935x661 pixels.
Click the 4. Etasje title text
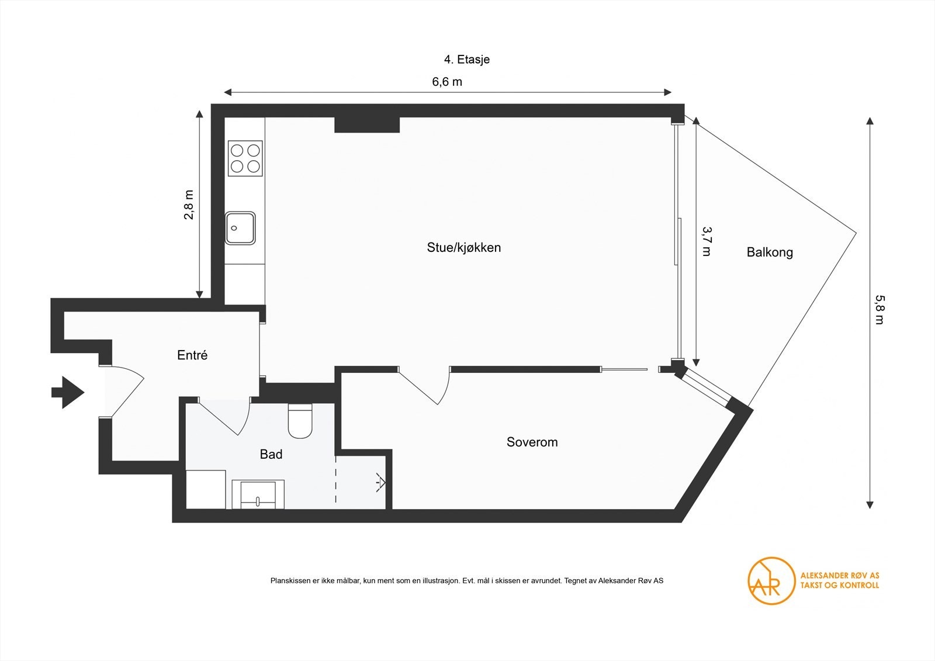466,60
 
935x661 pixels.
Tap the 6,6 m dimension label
447,82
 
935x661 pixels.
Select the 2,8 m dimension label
189,205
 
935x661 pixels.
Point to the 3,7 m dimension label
707,241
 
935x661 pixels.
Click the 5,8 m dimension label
879,309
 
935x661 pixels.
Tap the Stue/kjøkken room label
463,248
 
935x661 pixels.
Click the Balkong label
770,252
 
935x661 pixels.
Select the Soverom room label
532,442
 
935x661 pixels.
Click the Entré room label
192,355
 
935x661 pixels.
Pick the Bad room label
271,455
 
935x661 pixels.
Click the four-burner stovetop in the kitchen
245,158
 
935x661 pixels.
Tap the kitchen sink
240,228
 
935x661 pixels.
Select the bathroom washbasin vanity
258,494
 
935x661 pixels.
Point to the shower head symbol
380,482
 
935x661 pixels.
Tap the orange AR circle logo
771,580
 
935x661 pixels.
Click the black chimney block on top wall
366,124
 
